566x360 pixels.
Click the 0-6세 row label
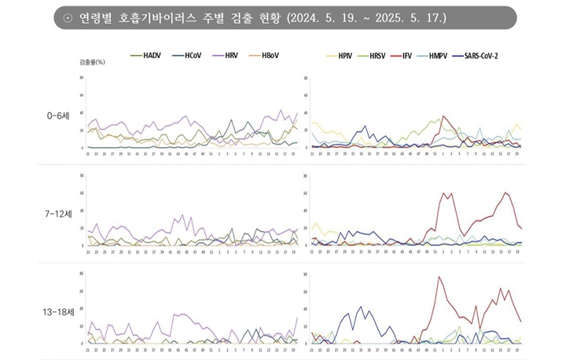(58, 116)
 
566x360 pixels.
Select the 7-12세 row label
(58, 213)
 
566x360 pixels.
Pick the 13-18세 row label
(58, 311)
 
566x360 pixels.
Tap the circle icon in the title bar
(68, 17)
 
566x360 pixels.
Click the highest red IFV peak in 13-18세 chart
(439, 277)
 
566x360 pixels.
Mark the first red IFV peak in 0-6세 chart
(443, 116)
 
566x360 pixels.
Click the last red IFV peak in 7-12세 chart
(505, 193)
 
